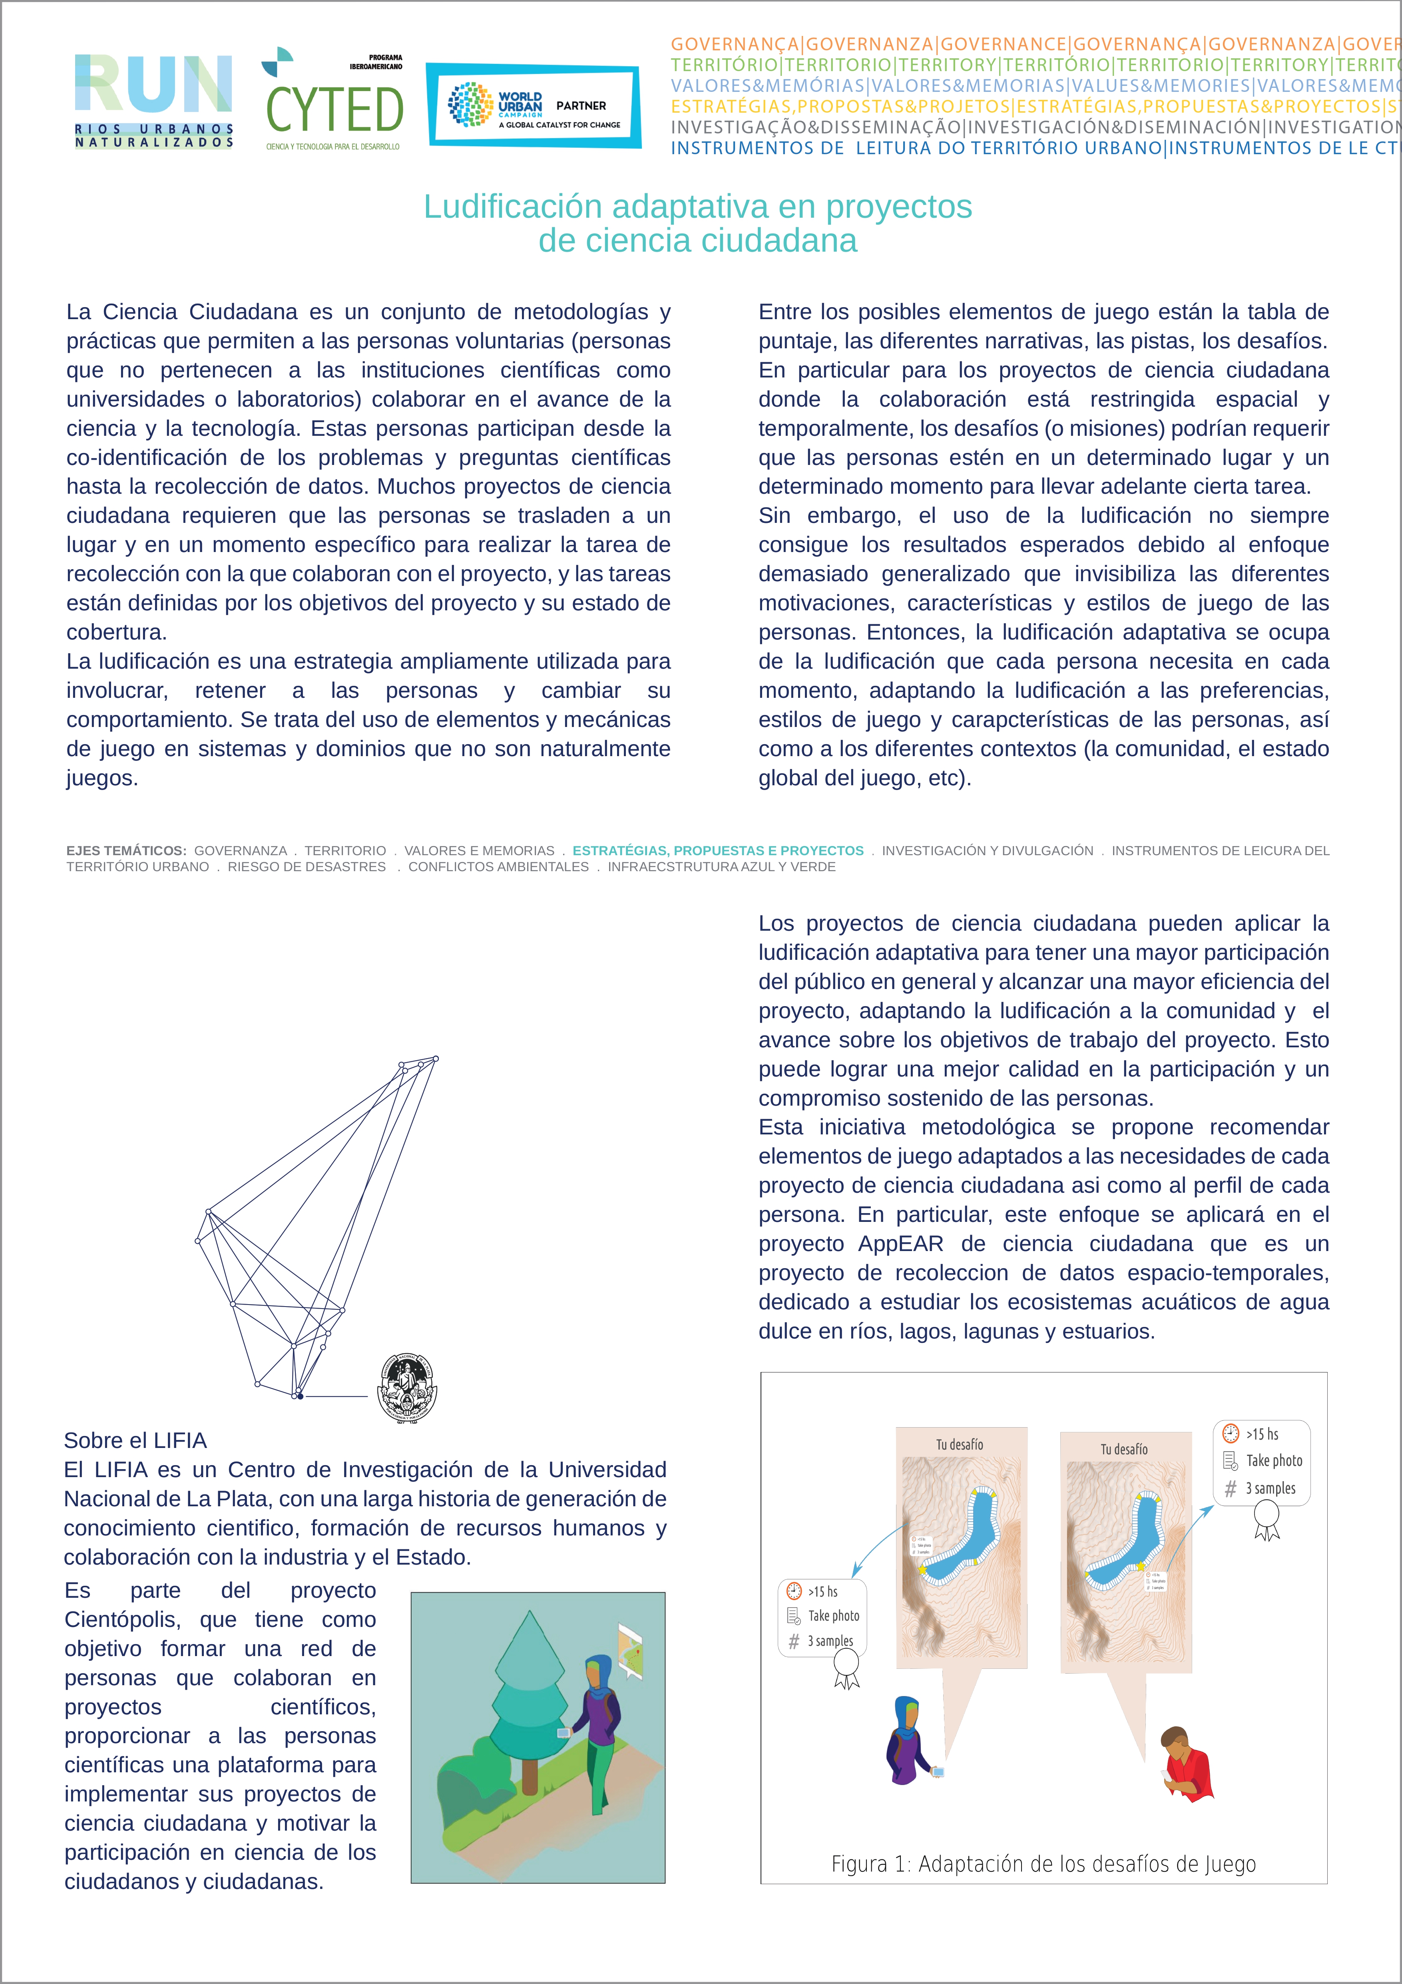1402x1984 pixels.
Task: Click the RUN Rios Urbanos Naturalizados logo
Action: [154, 101]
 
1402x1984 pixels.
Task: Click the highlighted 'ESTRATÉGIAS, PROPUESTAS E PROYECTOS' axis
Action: [717, 850]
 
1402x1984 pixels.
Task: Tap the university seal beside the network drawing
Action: [408, 1388]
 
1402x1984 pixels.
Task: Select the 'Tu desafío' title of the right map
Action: [1124, 1449]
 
